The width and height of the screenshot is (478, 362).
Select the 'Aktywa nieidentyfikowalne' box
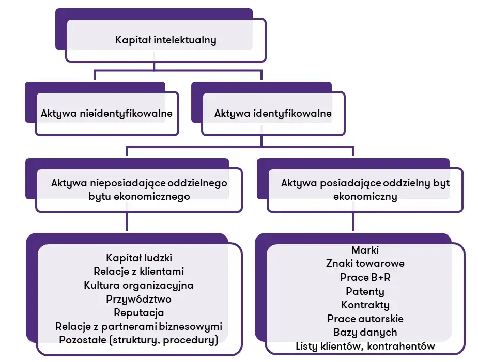click(x=106, y=113)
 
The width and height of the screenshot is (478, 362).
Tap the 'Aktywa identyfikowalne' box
click(x=273, y=113)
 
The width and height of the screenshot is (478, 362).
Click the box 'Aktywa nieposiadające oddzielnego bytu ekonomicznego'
click(x=139, y=190)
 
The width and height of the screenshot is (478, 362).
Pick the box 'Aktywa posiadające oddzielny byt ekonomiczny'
click(x=365, y=190)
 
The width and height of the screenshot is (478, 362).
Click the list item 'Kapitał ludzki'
click(x=139, y=257)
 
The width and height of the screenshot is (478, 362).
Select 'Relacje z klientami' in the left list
click(x=139, y=271)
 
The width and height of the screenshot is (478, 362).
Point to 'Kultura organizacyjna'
click(x=139, y=285)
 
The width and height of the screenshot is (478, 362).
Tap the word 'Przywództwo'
click(x=139, y=299)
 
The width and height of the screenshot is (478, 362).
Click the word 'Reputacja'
click(x=139, y=312)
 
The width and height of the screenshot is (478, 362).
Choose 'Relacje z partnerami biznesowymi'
click(x=139, y=326)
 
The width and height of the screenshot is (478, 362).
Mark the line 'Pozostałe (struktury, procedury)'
click(x=139, y=340)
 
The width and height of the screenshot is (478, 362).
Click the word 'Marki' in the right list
click(x=365, y=249)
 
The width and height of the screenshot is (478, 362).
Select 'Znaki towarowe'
click(x=365, y=263)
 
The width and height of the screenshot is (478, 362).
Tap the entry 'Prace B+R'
click(x=365, y=277)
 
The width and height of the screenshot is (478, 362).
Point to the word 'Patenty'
click(x=365, y=291)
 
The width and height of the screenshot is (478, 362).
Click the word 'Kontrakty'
click(x=365, y=305)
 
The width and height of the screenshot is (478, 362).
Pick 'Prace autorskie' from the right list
click(x=365, y=319)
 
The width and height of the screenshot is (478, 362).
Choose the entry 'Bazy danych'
click(x=365, y=332)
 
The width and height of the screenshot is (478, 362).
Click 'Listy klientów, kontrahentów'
click(x=365, y=346)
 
